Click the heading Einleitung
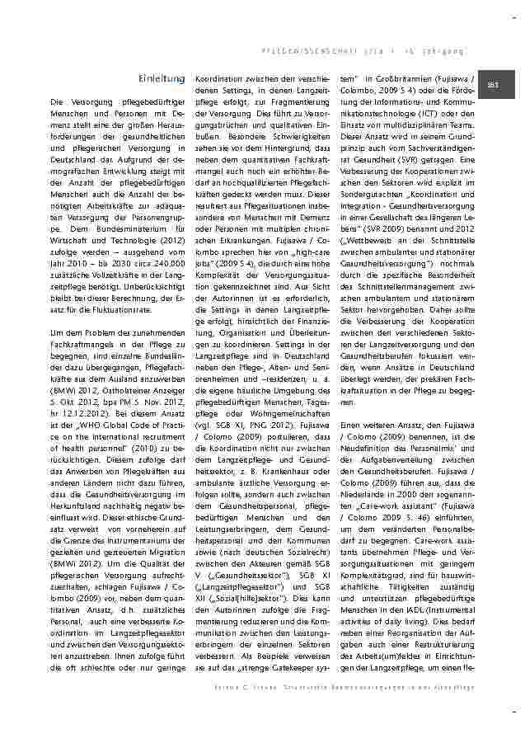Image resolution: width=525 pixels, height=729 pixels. click(162, 78)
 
